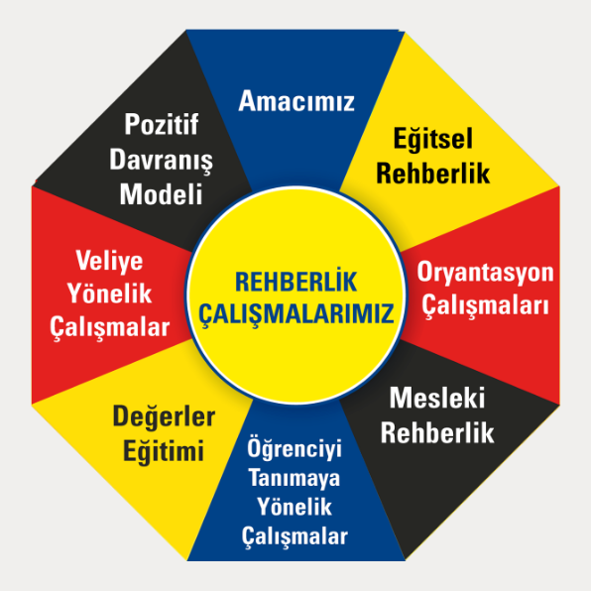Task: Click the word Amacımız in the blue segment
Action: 296,100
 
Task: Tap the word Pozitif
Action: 162,124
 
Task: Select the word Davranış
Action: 162,161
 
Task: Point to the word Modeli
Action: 162,194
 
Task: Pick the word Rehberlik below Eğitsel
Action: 433,174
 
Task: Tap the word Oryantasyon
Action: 485,272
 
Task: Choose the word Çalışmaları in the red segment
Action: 485,305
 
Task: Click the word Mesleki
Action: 437,398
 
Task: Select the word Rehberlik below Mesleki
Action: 437,432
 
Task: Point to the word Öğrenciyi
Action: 295,449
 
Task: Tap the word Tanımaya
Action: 295,478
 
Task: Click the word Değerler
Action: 164,416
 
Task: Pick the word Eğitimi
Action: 164,451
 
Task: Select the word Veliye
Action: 109,261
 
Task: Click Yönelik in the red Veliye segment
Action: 109,293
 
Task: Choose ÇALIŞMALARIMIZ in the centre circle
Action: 296,313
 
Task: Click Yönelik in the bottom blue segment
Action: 295,506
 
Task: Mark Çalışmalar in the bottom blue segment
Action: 295,536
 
